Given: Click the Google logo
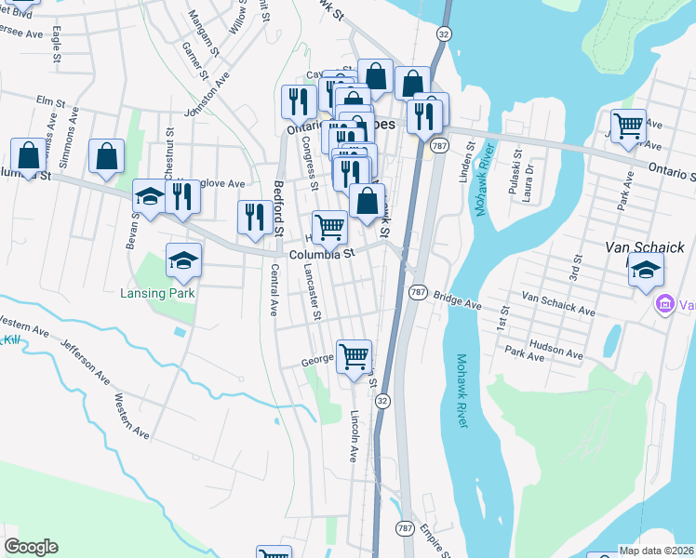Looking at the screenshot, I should [x=31, y=547].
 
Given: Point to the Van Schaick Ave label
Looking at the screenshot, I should [x=558, y=303].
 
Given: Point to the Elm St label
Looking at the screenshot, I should [x=47, y=99].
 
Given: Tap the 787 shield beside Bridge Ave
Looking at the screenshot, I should [x=418, y=292].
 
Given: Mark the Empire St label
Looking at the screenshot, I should [x=435, y=539].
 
